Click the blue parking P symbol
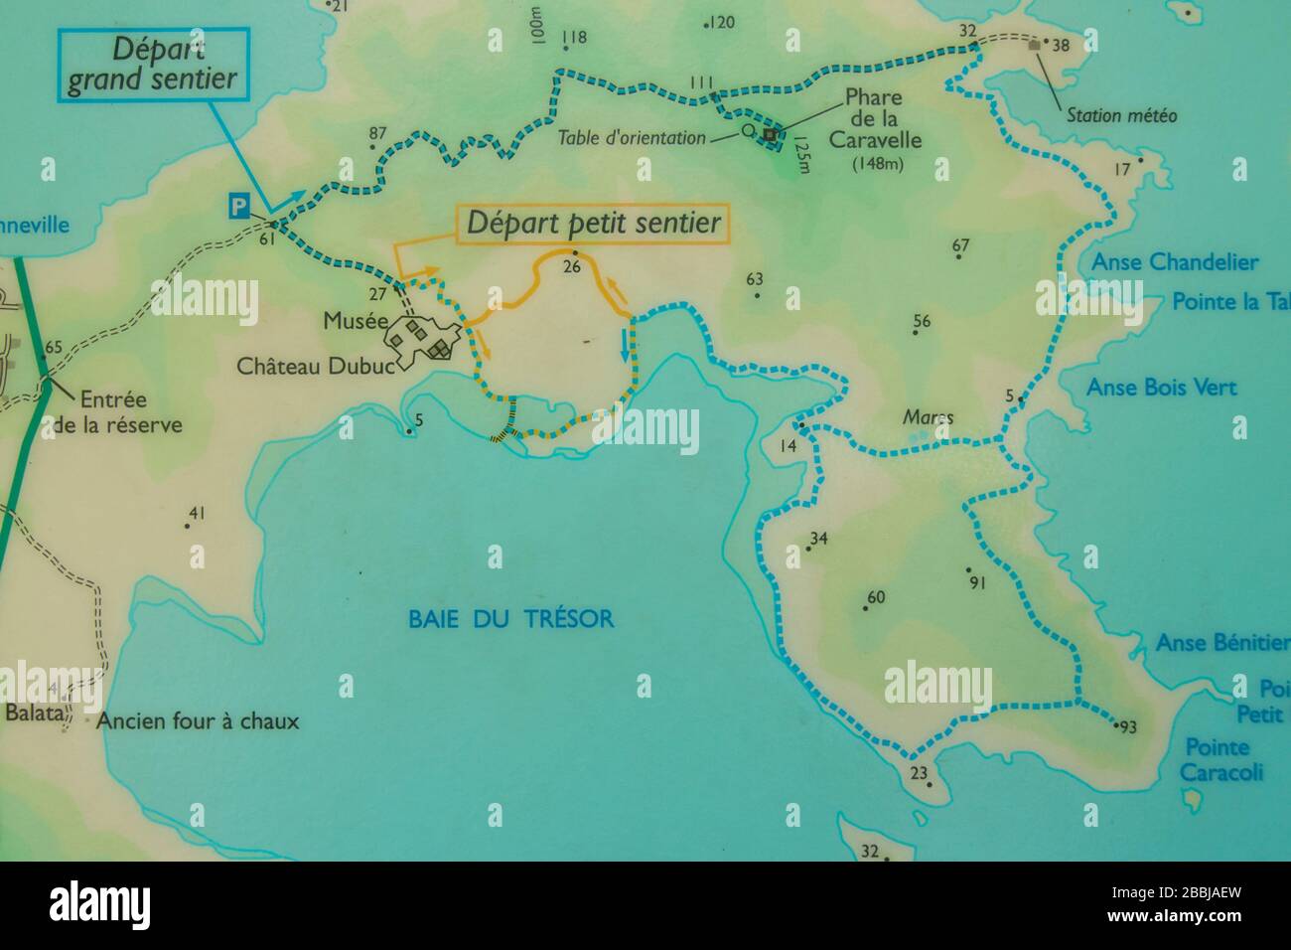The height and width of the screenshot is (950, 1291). pos(238,206)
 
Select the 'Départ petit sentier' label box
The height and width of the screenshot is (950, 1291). pos(594,224)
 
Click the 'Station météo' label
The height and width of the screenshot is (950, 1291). pos(1121,116)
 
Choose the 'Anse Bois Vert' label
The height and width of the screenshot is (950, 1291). pos(1162,387)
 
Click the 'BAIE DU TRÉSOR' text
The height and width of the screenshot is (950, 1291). pos(510,619)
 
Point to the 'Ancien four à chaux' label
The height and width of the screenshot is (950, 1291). pos(198,721)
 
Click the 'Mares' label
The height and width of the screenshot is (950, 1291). pos(928,417)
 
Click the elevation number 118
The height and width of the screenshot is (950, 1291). pos(574,39)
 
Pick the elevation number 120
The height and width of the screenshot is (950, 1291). pos(722,22)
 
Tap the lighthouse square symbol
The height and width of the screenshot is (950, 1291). pos(770,133)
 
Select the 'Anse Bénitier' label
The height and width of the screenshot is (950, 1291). pos(1221,643)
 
